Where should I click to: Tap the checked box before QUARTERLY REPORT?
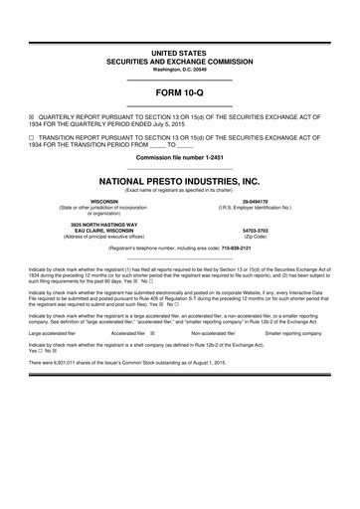click(31, 113)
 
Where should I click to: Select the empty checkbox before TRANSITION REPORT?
click(31, 135)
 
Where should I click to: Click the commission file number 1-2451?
click(220, 159)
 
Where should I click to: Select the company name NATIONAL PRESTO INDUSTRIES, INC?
click(180, 182)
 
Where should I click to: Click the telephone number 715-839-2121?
click(236, 249)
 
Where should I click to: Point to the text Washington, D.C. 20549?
click(180, 69)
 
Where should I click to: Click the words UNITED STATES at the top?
click(180, 50)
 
